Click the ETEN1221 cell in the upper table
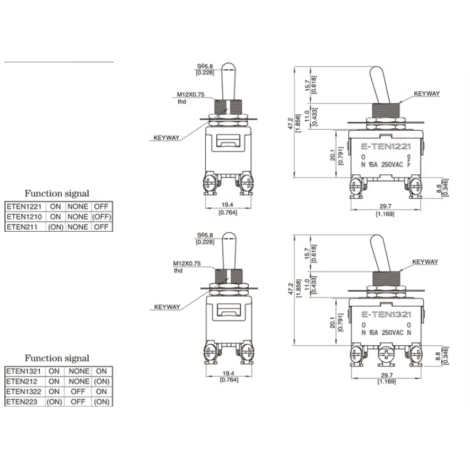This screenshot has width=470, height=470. [x=24, y=206]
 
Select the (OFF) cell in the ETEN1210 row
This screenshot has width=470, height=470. [x=102, y=217]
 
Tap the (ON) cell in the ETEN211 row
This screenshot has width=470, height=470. [x=56, y=227]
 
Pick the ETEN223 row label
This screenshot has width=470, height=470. [x=22, y=402]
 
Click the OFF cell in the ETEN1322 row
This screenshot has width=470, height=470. [x=78, y=392]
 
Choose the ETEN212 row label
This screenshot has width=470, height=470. [x=22, y=381]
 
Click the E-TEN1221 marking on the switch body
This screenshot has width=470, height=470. [x=386, y=147]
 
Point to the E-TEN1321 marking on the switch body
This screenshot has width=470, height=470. [x=386, y=314]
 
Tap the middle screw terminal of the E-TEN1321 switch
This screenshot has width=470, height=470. [x=386, y=356]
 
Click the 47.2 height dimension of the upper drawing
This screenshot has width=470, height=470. [x=290, y=124]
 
